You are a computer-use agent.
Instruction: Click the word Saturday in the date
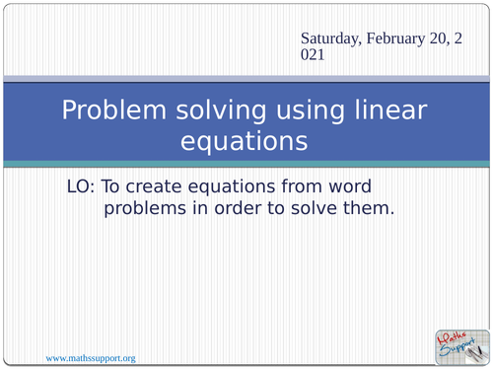(x=331, y=38)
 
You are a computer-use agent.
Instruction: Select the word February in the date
(x=400, y=38)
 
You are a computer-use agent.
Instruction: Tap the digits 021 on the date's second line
(x=315, y=56)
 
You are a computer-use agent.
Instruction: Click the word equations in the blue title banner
(x=245, y=141)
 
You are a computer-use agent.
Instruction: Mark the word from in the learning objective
(x=316, y=186)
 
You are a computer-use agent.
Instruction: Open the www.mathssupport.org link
(x=91, y=356)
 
